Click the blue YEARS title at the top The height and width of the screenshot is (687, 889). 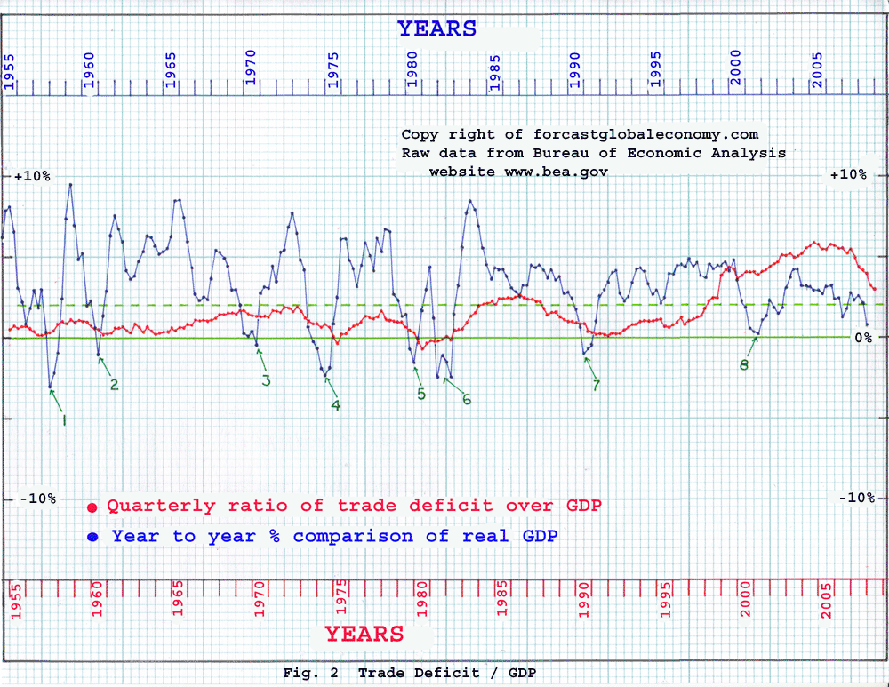click(x=436, y=29)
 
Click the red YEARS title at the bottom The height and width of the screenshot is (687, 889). click(x=364, y=634)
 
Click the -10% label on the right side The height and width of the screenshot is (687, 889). click(x=857, y=498)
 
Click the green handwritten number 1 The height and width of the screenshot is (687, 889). click(x=64, y=419)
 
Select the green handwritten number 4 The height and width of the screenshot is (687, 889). click(x=335, y=405)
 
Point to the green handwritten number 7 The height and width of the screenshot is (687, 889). click(x=596, y=384)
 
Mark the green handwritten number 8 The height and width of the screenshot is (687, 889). click(x=744, y=363)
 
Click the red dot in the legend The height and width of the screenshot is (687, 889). click(x=92, y=507)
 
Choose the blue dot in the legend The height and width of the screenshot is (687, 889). click(x=92, y=538)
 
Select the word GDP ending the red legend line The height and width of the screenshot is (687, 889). click(x=582, y=506)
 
